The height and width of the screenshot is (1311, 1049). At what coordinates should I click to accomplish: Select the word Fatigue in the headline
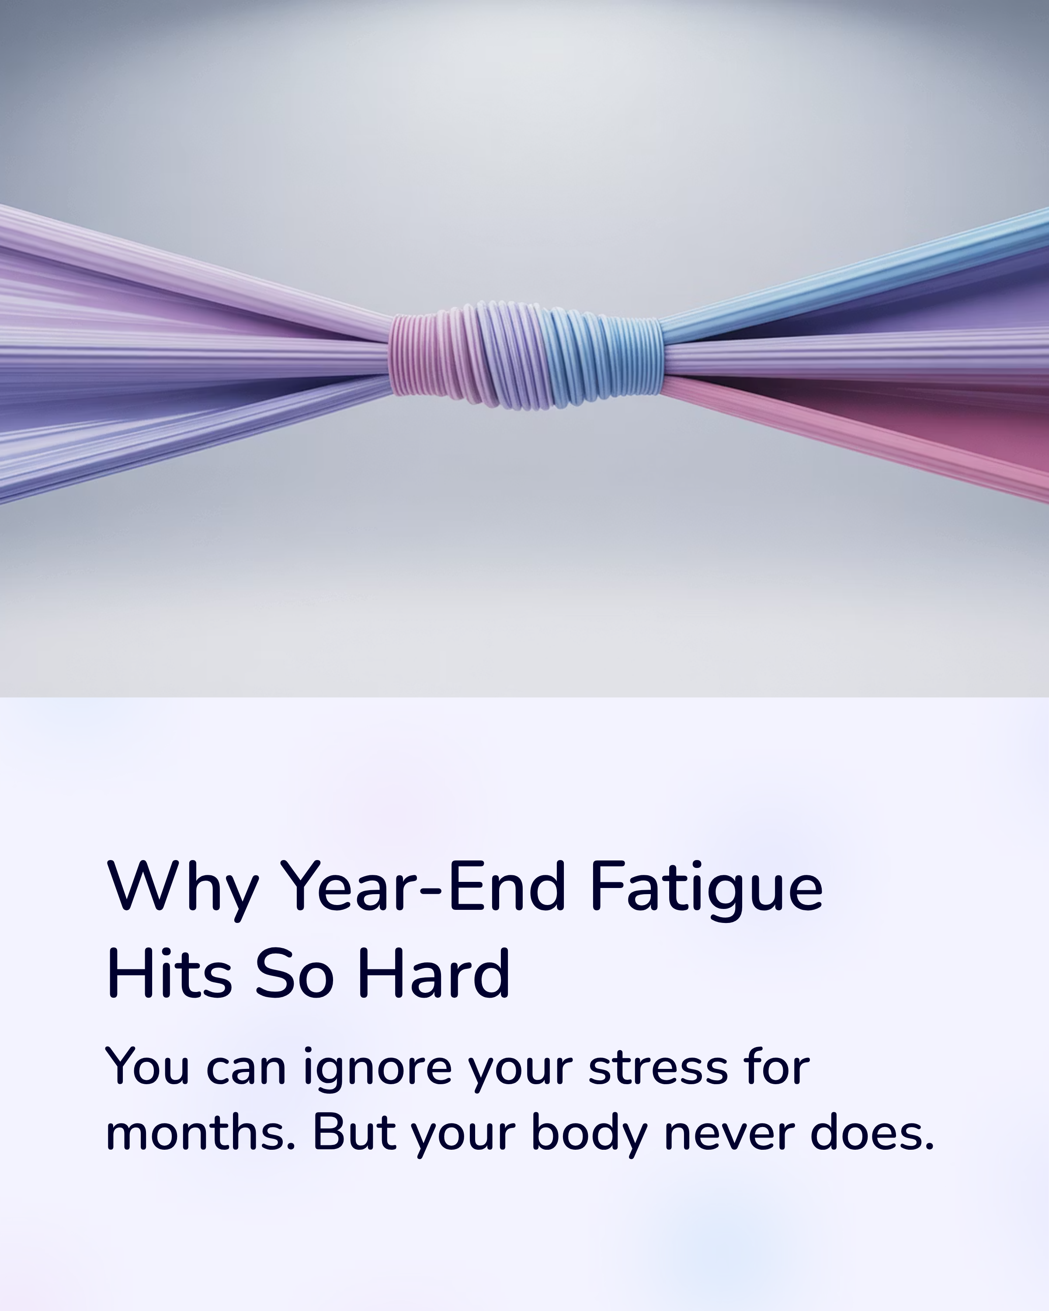pos(706,888)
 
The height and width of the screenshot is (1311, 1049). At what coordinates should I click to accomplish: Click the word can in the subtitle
pos(246,1069)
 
